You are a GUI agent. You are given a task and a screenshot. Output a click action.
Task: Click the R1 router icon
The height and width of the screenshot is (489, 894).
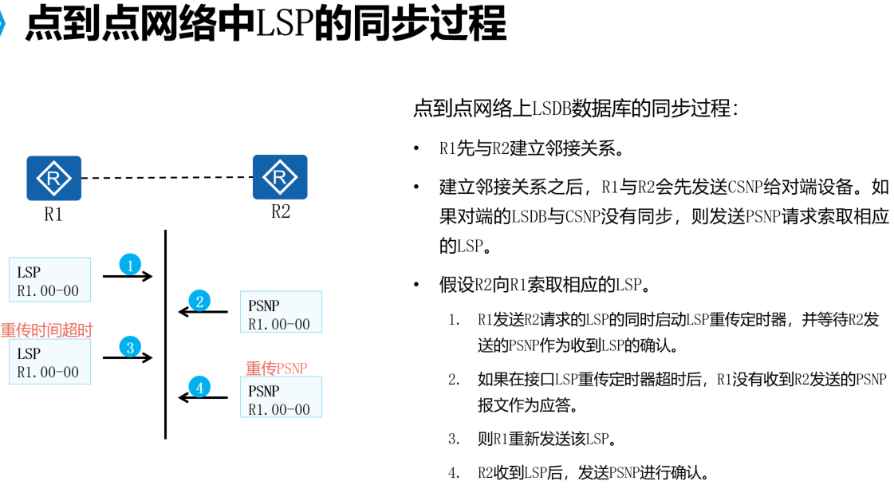[53, 178]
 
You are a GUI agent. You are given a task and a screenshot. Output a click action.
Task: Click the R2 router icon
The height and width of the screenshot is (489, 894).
[280, 177]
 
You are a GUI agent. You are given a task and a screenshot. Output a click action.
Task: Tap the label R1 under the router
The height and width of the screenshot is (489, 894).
[53, 215]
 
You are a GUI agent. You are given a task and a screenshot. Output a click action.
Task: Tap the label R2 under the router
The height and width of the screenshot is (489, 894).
[281, 212]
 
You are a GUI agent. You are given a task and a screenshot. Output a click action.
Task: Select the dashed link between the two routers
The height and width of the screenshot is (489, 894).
[167, 178]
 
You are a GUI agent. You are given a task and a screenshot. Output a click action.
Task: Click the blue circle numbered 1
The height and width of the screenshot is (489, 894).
[130, 264]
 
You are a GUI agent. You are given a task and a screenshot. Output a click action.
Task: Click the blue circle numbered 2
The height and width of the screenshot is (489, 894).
[199, 301]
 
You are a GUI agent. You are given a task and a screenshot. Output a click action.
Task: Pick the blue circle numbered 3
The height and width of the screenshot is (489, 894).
[129, 347]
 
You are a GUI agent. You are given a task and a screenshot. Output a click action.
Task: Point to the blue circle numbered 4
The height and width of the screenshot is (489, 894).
[199, 388]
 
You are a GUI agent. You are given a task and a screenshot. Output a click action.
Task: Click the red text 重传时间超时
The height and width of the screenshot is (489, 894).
[47, 330]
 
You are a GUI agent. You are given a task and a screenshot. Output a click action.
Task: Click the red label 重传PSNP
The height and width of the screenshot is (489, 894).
[276, 369]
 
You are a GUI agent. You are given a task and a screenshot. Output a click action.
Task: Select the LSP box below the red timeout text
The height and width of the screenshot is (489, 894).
[49, 362]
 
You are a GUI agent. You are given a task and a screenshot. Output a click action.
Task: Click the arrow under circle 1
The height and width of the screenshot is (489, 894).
[128, 277]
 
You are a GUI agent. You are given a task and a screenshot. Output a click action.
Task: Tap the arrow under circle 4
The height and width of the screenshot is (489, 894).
[203, 397]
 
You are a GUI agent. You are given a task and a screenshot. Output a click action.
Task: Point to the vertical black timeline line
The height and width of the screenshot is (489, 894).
[165, 334]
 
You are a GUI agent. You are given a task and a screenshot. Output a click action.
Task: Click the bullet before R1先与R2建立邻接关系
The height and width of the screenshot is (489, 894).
[416, 149]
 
